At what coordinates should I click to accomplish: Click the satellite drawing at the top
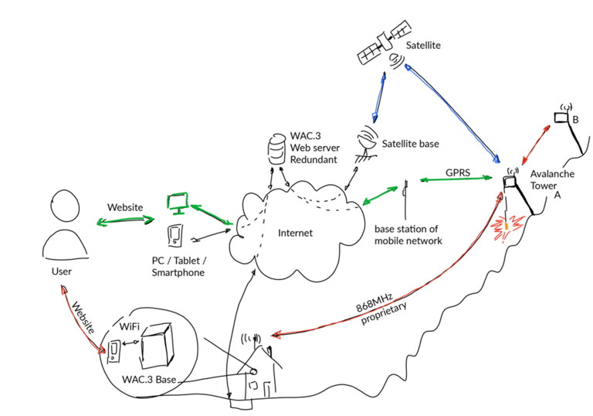(x=384, y=46)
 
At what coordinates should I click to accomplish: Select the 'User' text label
(x=61, y=271)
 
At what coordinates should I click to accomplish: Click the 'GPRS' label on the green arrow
(x=457, y=171)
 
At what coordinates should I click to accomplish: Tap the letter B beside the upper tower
(x=575, y=120)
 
